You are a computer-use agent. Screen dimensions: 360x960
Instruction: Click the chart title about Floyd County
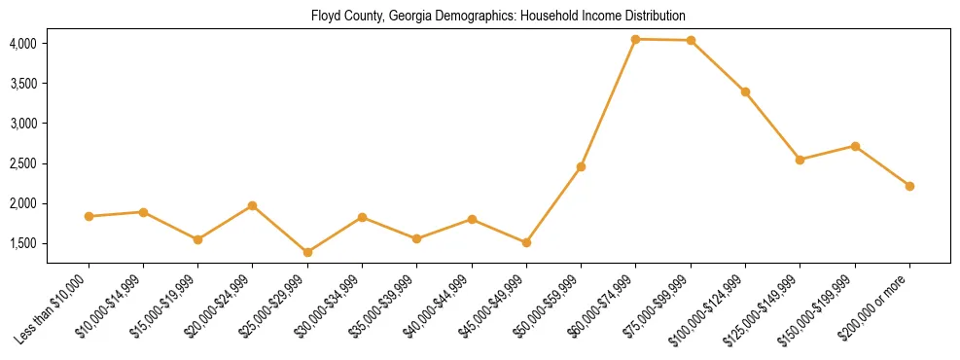click(498, 17)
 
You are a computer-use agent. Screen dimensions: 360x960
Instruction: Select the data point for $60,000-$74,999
click(635, 39)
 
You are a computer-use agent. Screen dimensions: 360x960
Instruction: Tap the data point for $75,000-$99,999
click(691, 40)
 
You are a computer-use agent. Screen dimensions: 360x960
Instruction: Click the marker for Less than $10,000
click(89, 216)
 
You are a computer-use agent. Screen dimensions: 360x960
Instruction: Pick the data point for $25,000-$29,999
click(307, 252)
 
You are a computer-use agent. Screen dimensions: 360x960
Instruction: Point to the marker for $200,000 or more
click(909, 186)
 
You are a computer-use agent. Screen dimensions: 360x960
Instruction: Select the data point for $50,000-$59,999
click(581, 166)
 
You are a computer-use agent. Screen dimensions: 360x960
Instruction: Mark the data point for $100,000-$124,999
click(745, 91)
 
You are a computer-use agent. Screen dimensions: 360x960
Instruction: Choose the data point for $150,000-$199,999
click(855, 146)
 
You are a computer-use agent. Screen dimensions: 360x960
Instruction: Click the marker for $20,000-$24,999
click(253, 205)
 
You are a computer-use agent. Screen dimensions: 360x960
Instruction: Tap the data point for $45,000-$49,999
click(526, 242)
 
